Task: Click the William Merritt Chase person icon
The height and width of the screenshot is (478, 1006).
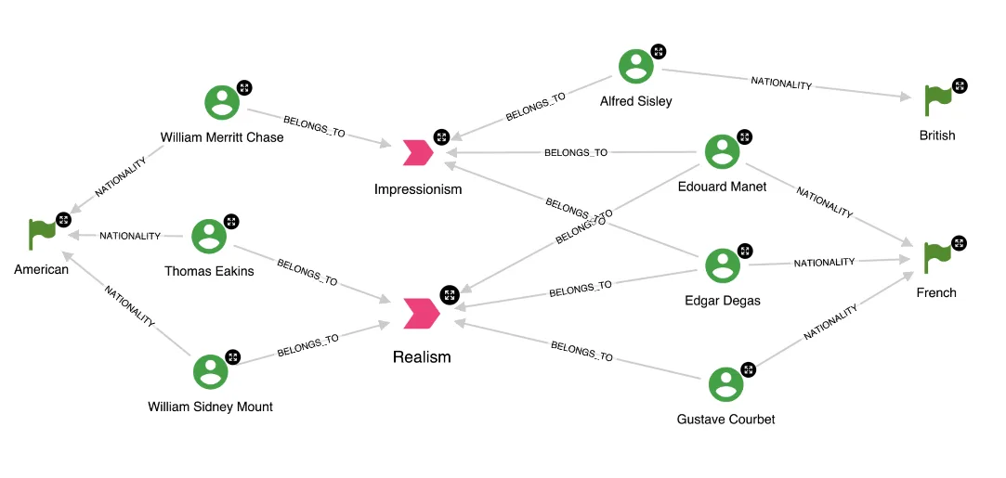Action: (x=222, y=103)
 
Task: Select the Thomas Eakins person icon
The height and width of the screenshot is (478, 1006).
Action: (x=209, y=237)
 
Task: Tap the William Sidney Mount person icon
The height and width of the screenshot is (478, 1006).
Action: (x=210, y=372)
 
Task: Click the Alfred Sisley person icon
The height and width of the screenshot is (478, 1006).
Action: (x=636, y=66)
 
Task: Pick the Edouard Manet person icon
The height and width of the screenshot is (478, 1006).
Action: (x=722, y=152)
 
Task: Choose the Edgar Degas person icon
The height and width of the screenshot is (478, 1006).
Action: (x=723, y=265)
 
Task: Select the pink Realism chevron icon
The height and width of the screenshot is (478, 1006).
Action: (x=422, y=313)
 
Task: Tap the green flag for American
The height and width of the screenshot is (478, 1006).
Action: (x=43, y=234)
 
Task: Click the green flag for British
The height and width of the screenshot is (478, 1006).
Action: (x=938, y=98)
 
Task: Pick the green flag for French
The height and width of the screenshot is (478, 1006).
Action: (x=938, y=257)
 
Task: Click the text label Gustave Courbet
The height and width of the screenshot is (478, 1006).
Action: (x=725, y=419)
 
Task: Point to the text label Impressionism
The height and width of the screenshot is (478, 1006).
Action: (x=418, y=189)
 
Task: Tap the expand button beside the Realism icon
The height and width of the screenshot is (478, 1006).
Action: (x=449, y=294)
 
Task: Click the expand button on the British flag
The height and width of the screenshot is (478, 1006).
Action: (x=960, y=85)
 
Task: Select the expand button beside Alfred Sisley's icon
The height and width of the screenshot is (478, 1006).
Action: (x=658, y=51)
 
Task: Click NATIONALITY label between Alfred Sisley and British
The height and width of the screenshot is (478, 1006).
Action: (x=781, y=84)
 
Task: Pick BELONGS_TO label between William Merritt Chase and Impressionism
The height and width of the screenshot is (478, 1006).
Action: (x=314, y=127)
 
